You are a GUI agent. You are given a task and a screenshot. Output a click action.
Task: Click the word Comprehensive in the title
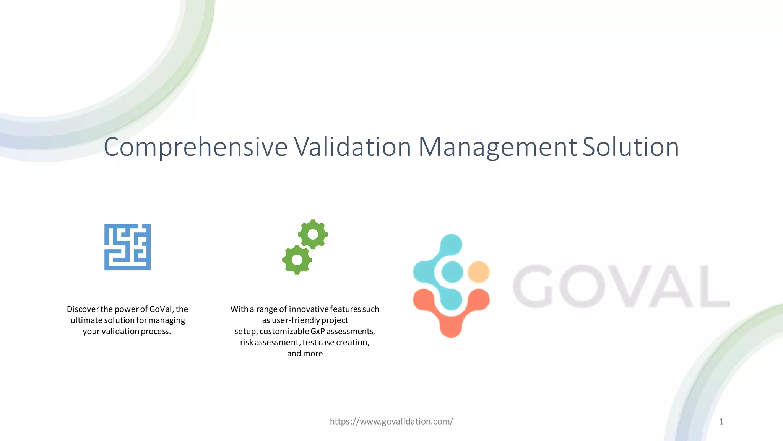pos(195,147)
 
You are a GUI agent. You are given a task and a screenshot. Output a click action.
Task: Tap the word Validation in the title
pos(352,147)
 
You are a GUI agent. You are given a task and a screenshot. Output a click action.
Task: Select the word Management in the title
pos(497,147)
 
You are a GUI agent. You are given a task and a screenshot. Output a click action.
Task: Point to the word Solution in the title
pos(630,147)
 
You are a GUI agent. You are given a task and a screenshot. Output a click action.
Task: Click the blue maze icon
pos(127,247)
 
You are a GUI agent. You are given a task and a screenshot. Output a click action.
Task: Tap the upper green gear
pos(313,234)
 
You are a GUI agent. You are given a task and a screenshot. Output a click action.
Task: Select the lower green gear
pos(297,260)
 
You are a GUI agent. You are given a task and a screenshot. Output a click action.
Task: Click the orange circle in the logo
pos(479,272)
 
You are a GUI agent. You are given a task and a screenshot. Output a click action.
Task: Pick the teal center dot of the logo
pos(452,272)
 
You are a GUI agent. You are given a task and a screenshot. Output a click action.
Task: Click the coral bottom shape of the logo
pos(451,318)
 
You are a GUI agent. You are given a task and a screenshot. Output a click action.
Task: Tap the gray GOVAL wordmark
pos(621,286)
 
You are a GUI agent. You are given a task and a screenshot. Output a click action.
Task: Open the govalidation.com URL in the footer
pos(391,421)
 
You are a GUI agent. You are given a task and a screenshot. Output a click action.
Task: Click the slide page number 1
pos(721,421)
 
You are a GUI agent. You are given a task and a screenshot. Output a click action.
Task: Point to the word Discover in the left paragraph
pos(83,309)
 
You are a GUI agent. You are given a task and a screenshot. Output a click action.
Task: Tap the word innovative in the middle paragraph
pos(309,309)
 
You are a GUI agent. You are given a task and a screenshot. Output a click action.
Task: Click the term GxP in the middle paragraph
pos(317,331)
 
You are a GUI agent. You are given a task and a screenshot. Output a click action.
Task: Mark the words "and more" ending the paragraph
pos(305,353)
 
